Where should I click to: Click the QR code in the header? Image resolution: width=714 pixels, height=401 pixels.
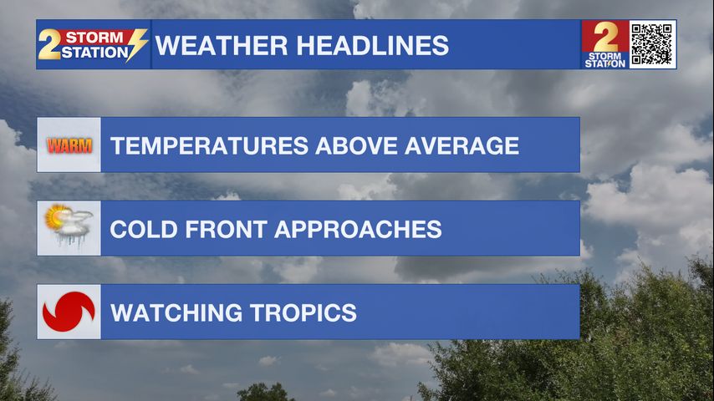pos(652,44)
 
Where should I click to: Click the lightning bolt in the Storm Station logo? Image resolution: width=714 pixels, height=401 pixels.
pos(136,44)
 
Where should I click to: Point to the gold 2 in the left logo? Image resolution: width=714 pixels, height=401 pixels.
pos(48,44)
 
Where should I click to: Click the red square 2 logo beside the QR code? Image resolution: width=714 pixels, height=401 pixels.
pos(604,44)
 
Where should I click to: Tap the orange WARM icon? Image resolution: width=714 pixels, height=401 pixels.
pos(69,145)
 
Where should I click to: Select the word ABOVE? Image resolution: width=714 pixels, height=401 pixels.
pos(356,146)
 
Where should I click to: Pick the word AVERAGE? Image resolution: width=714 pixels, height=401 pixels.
pos(462,146)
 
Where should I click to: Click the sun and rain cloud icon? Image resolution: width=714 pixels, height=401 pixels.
pos(69,226)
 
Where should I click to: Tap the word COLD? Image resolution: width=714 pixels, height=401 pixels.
pos(144,229)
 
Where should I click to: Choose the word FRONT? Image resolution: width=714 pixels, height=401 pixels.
pos(226,229)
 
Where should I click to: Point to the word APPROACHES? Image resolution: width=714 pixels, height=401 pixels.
pos(358,229)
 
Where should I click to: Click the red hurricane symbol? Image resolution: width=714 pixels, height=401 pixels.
pos(69,312)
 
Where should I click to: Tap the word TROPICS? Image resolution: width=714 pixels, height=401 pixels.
pos(303,312)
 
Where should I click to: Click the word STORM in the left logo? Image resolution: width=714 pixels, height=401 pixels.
pos(94,37)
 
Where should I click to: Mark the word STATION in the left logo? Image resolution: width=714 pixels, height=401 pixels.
pos(94,53)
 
